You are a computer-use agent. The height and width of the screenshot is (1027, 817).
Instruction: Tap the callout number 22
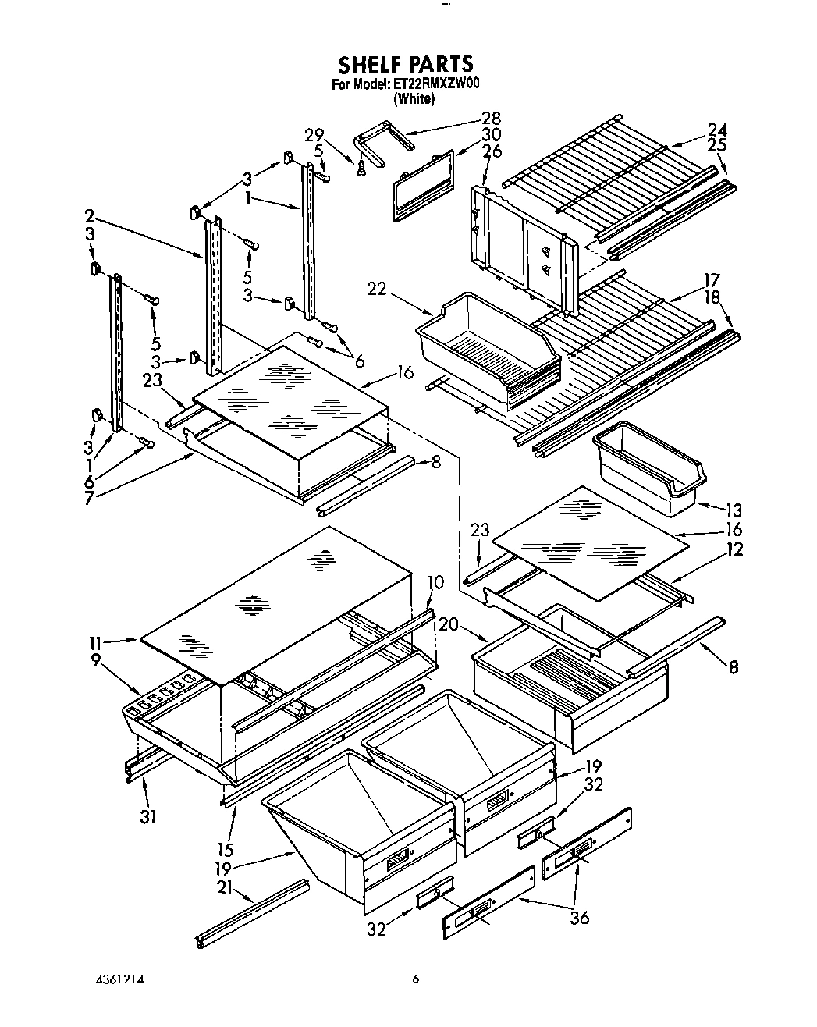378,290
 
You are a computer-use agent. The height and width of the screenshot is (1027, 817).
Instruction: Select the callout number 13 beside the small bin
734,511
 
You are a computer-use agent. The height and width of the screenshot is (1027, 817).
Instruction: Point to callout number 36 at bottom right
579,919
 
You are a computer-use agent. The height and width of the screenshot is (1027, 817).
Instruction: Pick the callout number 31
148,816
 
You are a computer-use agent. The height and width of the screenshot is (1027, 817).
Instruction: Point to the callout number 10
435,581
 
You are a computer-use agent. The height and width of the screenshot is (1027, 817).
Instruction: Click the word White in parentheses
413,99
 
